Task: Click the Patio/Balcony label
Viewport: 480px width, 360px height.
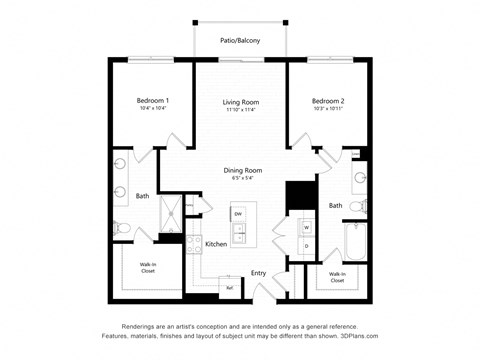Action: point(240,41)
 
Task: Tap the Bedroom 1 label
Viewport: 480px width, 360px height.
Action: point(153,100)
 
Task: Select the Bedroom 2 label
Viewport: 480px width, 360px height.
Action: point(327,101)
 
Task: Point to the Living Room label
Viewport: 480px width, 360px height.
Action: point(240,101)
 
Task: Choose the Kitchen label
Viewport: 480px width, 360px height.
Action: point(216,243)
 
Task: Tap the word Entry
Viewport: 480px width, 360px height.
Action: point(258,272)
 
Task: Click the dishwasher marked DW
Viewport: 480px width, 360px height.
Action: point(238,215)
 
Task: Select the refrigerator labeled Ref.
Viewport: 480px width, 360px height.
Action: point(229,288)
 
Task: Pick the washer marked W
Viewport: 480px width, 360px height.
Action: point(306,228)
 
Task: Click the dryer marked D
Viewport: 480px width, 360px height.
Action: point(306,246)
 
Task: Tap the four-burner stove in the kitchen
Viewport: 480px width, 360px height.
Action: point(193,250)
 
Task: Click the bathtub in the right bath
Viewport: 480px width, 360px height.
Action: point(354,240)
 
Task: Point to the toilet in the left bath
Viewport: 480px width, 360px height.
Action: point(122,228)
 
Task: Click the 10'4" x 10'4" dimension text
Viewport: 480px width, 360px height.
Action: point(153,109)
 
